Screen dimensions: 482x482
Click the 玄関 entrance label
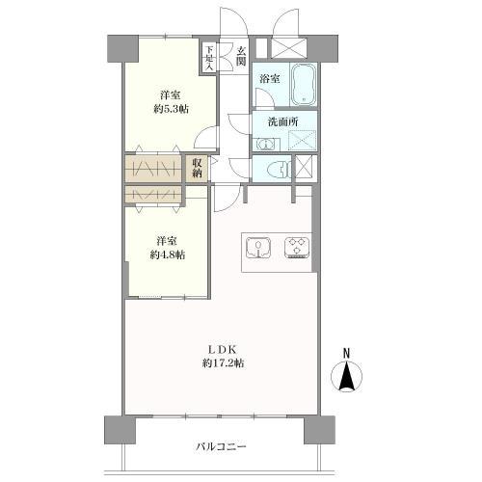coord(241,56)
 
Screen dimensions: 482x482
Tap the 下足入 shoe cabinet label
coord(209,58)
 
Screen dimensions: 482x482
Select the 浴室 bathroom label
coord(269,78)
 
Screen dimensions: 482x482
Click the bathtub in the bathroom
coord(304,84)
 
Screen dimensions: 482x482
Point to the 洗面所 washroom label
coord(283,121)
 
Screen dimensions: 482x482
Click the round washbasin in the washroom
coord(265,145)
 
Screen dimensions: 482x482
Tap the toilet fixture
coord(280,168)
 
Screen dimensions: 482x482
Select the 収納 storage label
coord(197,168)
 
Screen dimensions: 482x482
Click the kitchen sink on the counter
coord(258,248)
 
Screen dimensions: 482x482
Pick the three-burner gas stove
coord(297,248)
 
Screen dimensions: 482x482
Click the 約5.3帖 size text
coord(171,109)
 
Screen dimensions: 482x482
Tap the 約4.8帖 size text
coord(167,254)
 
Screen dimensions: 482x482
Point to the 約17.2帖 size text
coord(223,363)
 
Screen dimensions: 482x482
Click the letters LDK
coord(223,349)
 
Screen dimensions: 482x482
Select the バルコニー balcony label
coord(221,446)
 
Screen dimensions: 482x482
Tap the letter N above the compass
coord(346,354)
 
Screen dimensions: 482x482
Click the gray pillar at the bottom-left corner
coord(120,430)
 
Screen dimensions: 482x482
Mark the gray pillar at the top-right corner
coord(322,48)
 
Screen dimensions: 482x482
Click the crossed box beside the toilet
coord(304,166)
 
